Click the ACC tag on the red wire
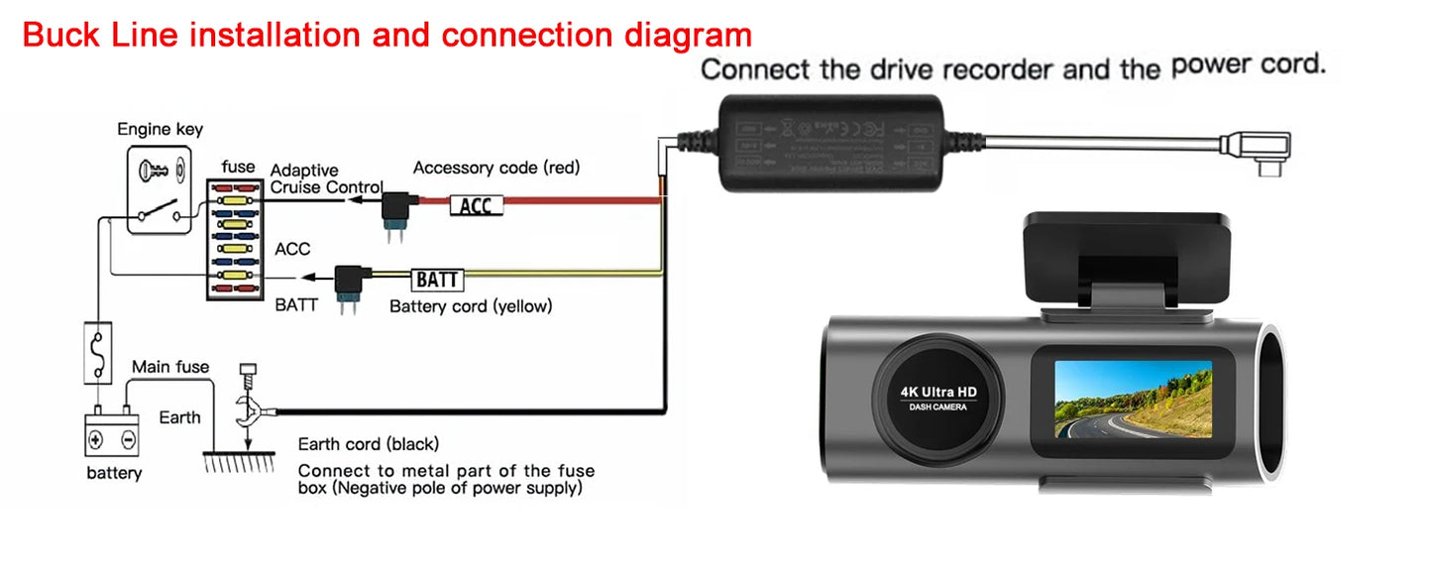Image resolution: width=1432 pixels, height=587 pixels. coord(476,205)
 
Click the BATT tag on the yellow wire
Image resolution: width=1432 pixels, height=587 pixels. coord(437,280)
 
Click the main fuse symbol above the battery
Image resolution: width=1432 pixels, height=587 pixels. coord(97,352)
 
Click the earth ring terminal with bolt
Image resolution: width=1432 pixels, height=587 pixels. coord(250,407)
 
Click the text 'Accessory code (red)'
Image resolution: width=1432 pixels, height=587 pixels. coord(496,168)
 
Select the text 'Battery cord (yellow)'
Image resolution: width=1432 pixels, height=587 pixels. coord(471,306)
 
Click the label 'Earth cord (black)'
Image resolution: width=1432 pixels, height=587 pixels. coord(369,444)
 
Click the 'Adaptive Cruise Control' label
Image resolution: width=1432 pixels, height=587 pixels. coord(325,178)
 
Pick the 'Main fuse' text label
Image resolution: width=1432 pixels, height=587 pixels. coord(170,367)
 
